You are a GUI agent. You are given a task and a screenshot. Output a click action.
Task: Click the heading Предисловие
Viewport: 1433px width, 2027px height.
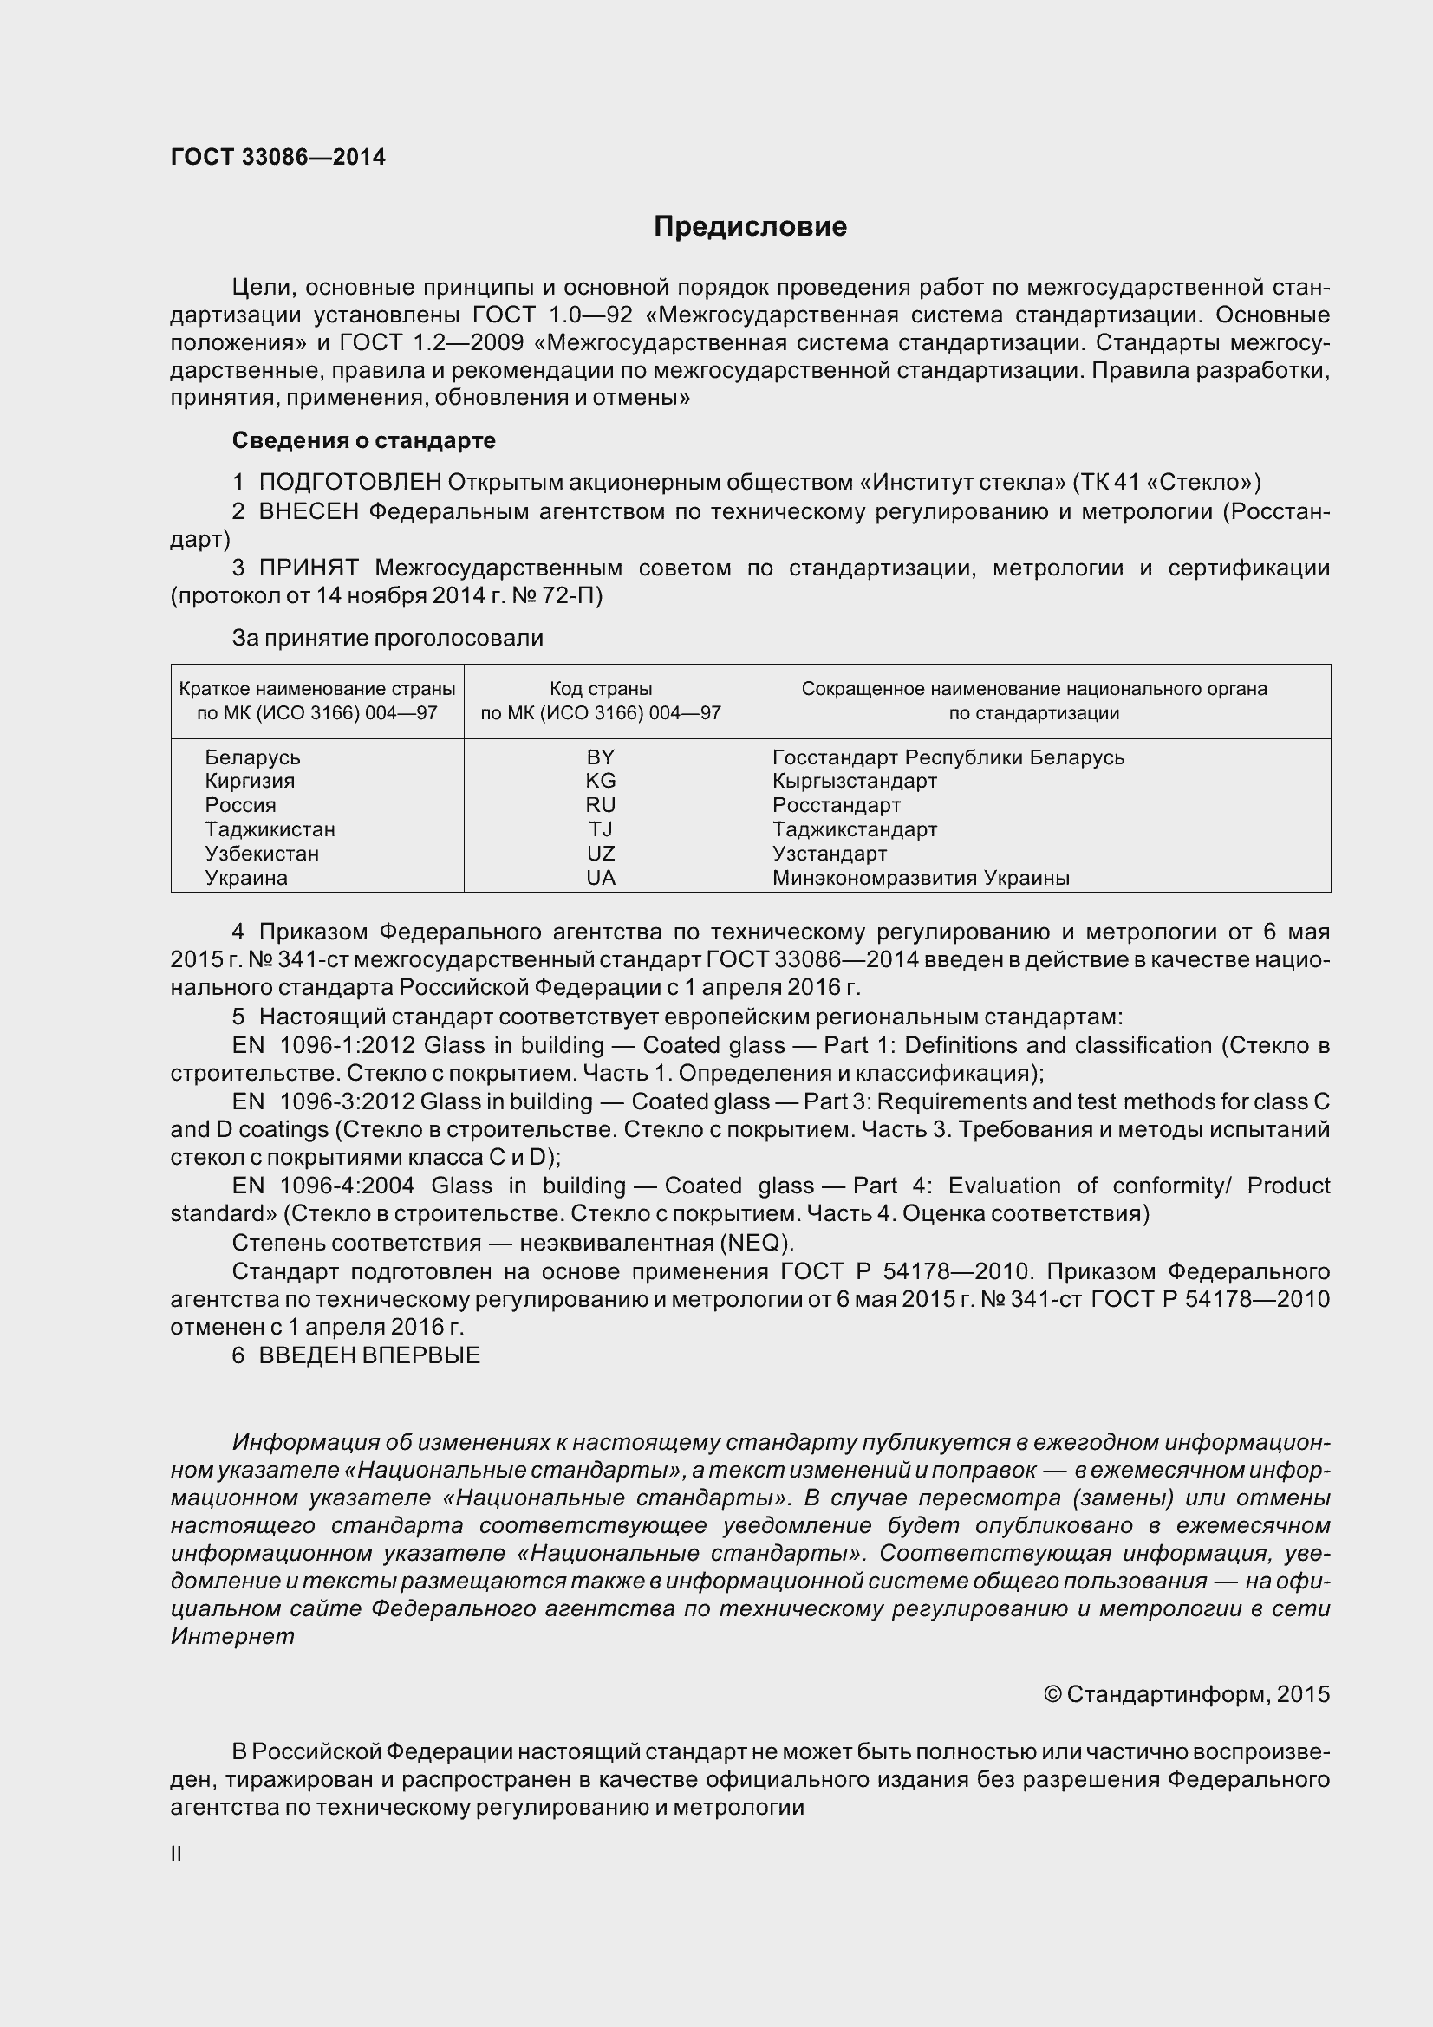point(750,227)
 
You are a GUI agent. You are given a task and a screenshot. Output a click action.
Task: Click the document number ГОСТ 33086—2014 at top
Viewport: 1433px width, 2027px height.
point(278,157)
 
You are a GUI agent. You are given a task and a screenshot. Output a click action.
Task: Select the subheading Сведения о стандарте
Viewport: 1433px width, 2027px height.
point(363,439)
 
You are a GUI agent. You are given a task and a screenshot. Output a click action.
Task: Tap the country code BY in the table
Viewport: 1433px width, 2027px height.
point(601,757)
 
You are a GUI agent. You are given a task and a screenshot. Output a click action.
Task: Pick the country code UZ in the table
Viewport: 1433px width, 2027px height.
point(601,853)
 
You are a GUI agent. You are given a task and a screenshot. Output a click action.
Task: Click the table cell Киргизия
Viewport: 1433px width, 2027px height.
point(250,781)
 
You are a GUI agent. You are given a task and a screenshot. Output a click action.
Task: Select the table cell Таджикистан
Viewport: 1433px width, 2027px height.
point(270,829)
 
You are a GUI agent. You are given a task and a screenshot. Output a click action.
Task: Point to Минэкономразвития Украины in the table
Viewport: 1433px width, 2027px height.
point(920,878)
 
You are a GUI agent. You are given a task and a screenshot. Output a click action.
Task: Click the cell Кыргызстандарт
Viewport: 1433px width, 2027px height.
point(854,781)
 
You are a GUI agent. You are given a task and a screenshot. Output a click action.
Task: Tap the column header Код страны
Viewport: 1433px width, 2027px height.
point(601,689)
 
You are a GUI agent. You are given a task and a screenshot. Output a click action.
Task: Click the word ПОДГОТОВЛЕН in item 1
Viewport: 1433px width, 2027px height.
point(349,482)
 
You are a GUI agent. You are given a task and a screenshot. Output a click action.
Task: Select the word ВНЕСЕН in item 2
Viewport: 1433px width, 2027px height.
point(309,511)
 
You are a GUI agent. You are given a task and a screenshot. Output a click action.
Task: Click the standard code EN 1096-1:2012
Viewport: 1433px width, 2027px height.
point(323,1045)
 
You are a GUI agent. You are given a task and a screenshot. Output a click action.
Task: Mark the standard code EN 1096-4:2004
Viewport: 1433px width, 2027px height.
point(323,1186)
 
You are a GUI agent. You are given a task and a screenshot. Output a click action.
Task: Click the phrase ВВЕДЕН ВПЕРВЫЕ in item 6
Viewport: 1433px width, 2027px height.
point(369,1355)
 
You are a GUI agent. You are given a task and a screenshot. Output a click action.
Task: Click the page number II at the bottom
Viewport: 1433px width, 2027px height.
point(176,1854)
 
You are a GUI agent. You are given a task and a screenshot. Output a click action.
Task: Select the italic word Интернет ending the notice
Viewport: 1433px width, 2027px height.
point(232,1637)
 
